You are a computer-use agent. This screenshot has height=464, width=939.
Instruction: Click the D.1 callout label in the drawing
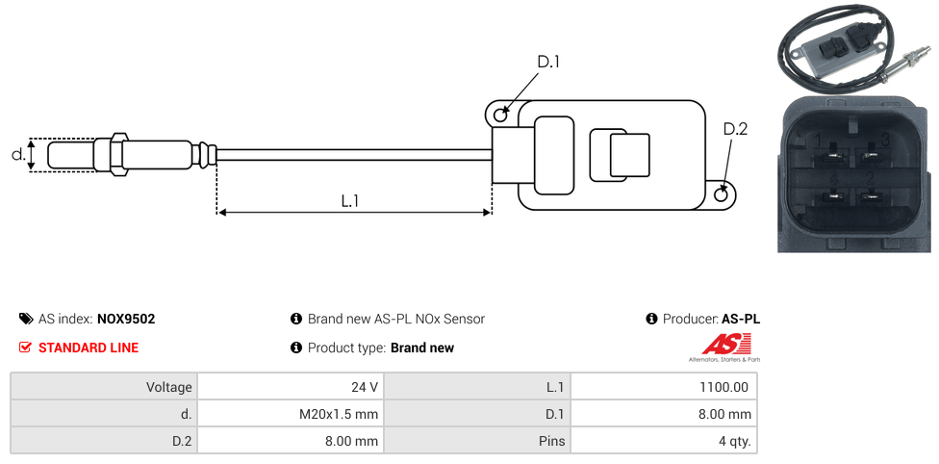click(548, 62)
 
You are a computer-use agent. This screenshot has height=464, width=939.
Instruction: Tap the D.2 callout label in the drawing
click(735, 129)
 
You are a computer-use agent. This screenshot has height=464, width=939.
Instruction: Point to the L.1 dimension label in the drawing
click(350, 200)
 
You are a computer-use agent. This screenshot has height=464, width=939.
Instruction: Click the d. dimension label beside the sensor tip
click(17, 154)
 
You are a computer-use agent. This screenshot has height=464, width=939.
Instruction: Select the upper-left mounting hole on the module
click(500, 116)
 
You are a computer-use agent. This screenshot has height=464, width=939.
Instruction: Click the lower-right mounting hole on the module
click(723, 194)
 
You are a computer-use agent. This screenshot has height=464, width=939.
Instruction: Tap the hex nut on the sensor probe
click(119, 154)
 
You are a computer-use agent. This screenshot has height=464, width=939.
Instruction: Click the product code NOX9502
click(126, 319)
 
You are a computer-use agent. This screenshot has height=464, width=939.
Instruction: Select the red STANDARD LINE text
click(89, 348)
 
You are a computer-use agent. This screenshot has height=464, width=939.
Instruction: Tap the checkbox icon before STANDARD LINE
click(26, 348)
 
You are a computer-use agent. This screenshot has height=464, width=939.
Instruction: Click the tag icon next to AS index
click(26, 319)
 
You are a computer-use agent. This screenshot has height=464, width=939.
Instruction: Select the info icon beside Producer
click(651, 319)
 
